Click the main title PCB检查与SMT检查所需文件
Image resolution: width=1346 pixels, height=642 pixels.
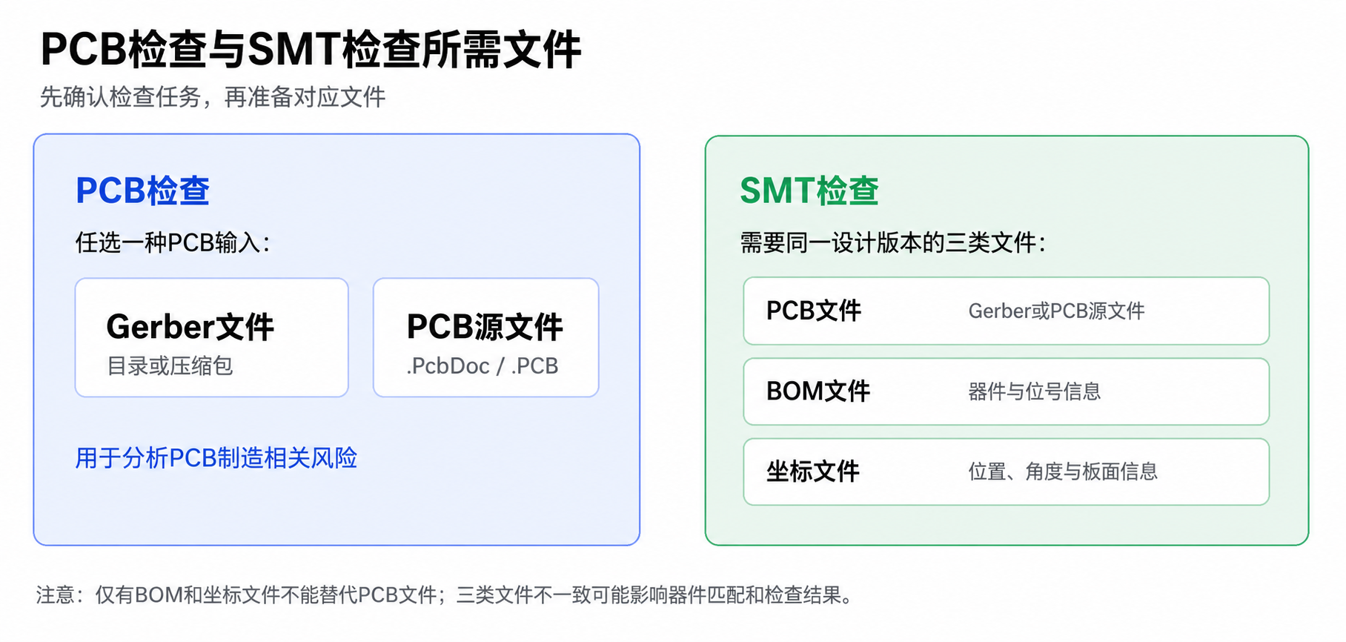point(311,50)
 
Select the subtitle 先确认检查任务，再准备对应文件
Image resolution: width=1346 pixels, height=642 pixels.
point(213,97)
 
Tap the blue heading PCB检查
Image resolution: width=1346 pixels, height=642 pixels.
point(142,191)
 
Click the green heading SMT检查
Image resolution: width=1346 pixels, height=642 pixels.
point(809,191)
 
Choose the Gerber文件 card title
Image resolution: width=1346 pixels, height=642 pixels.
point(190,327)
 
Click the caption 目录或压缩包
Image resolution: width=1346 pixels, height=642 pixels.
point(170,366)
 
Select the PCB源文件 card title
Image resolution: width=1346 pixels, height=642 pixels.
point(485,327)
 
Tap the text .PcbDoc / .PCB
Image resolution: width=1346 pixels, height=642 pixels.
point(482,366)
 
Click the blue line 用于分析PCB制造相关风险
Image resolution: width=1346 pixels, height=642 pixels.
point(216,458)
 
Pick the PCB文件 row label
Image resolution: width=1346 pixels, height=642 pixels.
point(813,311)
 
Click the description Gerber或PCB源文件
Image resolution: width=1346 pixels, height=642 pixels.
point(1056,311)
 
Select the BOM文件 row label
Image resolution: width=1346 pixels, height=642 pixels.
point(818,391)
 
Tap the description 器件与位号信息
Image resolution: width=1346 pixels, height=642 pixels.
point(1034,391)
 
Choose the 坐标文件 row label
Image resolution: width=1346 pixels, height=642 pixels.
point(812,471)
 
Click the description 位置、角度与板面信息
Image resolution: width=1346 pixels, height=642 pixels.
point(1063,471)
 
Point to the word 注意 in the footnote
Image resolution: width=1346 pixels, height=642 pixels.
point(56,595)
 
